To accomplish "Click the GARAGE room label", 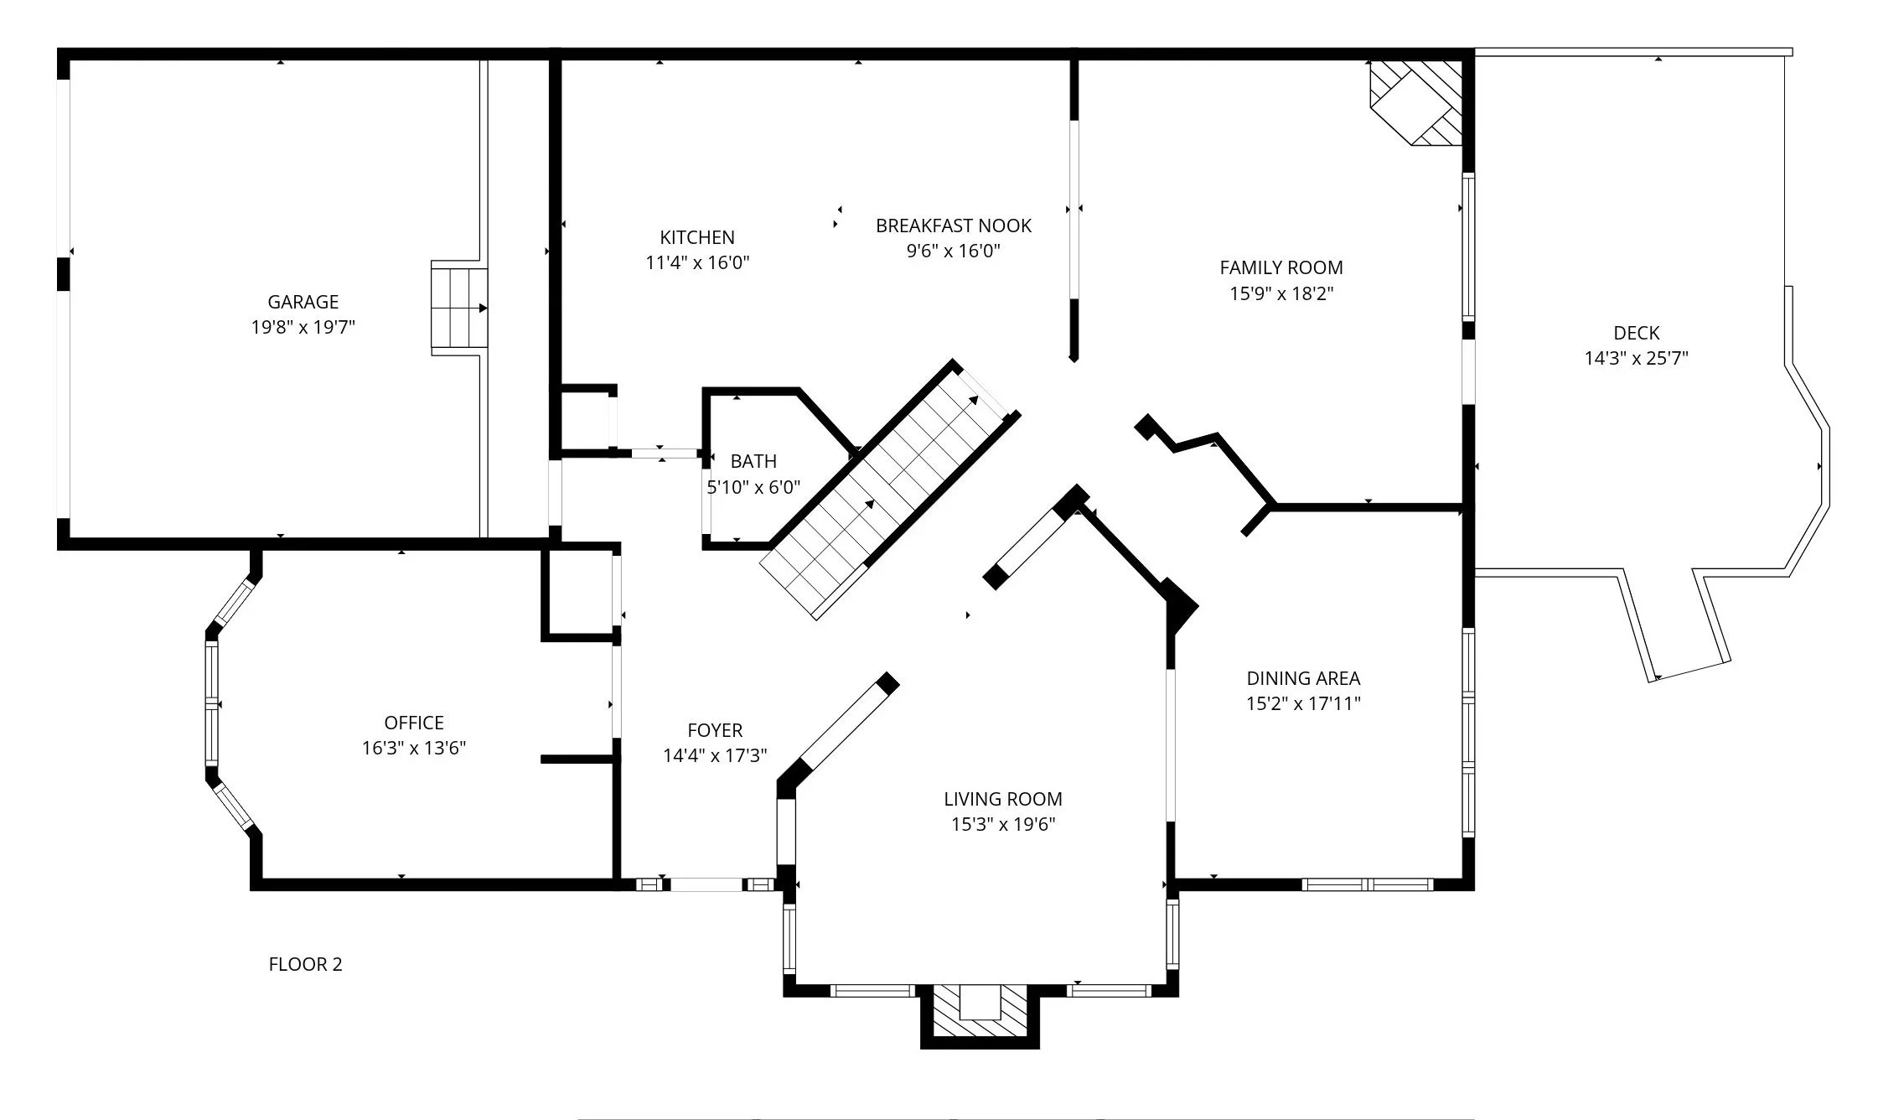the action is pos(303,302).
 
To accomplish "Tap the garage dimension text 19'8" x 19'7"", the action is pos(303,327).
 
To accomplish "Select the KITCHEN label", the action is pos(697,237).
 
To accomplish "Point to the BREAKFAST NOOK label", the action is pos(954,226).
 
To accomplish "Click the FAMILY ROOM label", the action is pos(1281,267).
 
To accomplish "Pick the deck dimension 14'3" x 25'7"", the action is pos(1636,358).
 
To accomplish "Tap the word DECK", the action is pos(1637,333).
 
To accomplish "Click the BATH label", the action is pos(753,461).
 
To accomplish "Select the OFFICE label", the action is pos(414,723).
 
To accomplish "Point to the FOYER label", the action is pos(715,730).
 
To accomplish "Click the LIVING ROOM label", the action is pos(1003,799).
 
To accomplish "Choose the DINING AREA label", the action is pos(1303,678).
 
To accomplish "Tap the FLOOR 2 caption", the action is pos(305,964).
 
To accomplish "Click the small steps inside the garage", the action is pos(459,307).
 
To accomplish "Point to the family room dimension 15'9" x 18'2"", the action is pos(1281,293).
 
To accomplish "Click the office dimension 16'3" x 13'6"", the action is pos(414,748).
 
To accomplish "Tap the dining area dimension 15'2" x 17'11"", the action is pos(1303,703).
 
